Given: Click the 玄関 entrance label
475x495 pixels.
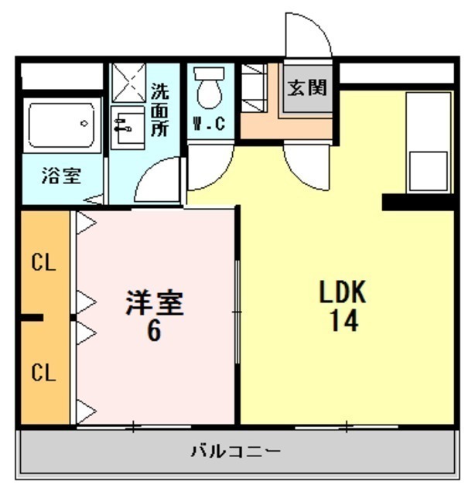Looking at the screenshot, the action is pyautogui.click(x=306, y=87).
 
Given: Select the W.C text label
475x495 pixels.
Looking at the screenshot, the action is pyautogui.click(x=210, y=124).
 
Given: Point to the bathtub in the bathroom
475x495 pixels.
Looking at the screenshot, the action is pyautogui.click(x=62, y=125).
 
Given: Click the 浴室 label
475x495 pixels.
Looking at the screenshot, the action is pyautogui.click(x=62, y=176).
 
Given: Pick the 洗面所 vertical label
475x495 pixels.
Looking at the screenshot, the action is pyautogui.click(x=159, y=110).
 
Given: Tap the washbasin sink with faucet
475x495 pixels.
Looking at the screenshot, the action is pyautogui.click(x=128, y=128).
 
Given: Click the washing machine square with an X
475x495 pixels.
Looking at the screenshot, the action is pyautogui.click(x=129, y=83).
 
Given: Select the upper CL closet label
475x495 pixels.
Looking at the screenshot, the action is pyautogui.click(x=43, y=262).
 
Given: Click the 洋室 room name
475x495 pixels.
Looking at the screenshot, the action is pyautogui.click(x=155, y=302).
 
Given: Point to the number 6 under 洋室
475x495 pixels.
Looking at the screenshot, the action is pyautogui.click(x=155, y=331).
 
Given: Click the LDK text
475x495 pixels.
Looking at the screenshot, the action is pyautogui.click(x=343, y=292).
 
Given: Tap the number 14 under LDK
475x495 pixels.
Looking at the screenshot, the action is pyautogui.click(x=344, y=320).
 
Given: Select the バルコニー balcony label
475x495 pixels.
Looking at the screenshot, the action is pyautogui.click(x=236, y=451).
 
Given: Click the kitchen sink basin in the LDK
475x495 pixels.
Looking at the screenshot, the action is pyautogui.click(x=429, y=171).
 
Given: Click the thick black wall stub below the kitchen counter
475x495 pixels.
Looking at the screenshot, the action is pyautogui.click(x=419, y=203).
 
